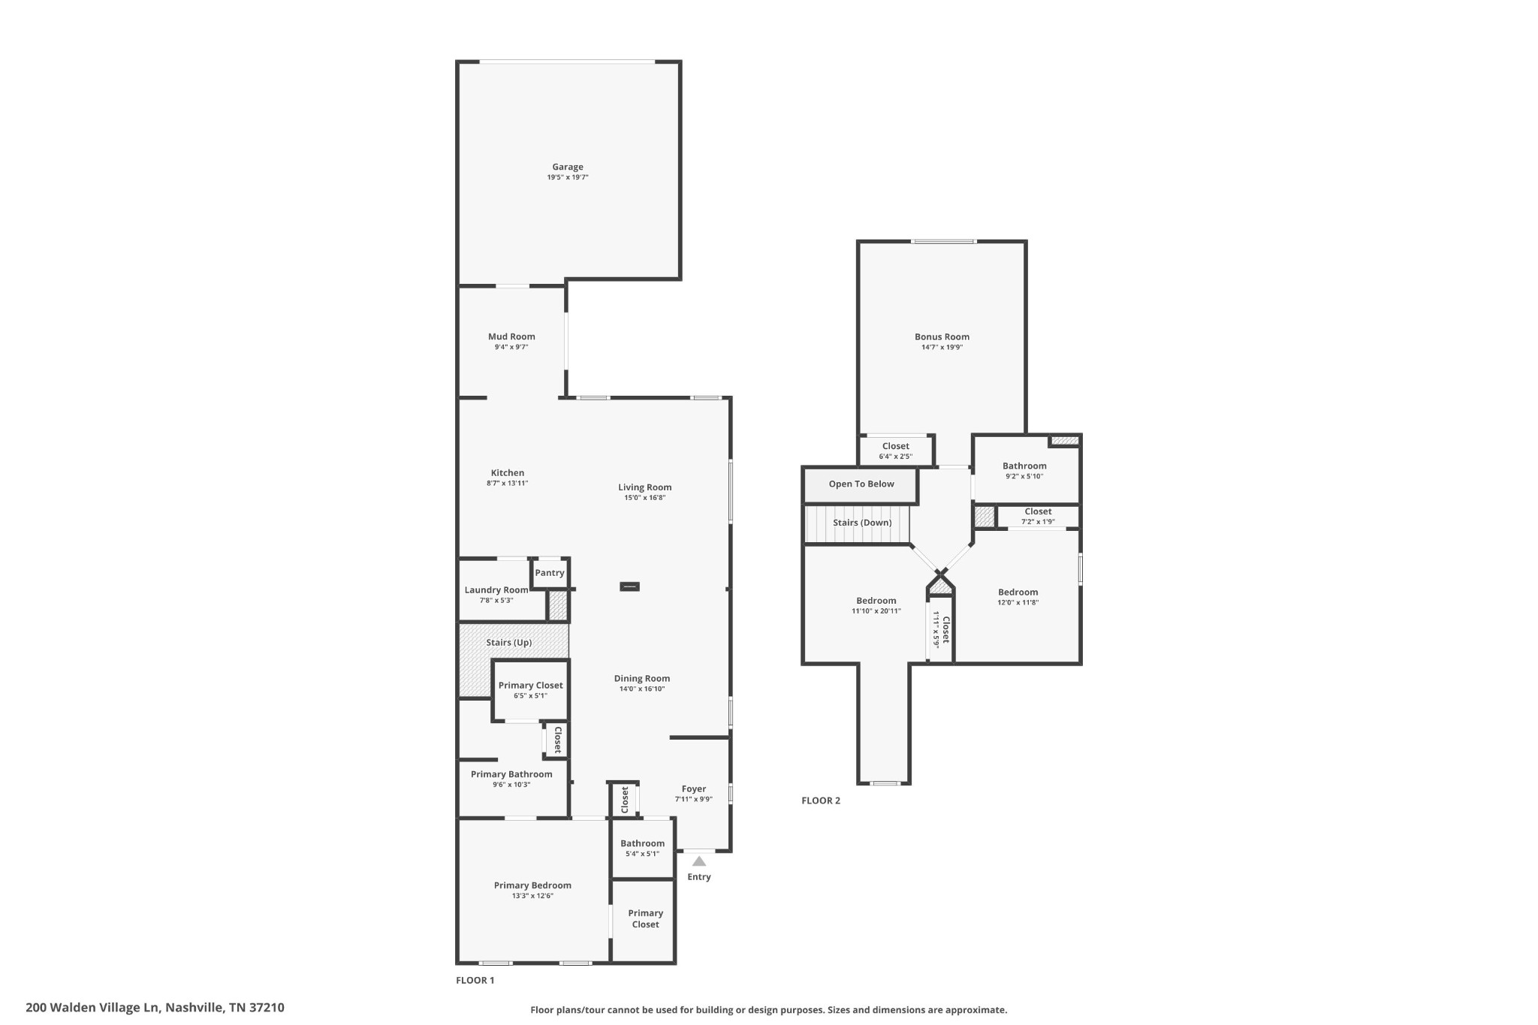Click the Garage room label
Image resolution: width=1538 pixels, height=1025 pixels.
(568, 167)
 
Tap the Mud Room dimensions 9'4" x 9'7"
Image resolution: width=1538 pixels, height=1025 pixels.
(511, 347)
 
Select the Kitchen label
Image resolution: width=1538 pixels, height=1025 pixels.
(508, 473)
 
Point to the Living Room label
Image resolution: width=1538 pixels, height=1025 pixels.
(645, 487)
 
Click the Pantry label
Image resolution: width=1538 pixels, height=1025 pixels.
(550, 573)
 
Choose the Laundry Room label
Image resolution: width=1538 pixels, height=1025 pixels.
(496, 590)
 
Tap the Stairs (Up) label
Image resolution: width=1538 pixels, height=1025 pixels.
(509, 643)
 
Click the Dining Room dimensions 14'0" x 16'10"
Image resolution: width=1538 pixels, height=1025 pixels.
(642, 689)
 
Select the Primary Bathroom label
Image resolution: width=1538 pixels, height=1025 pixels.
(511, 774)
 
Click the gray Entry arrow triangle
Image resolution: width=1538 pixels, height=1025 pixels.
(699, 861)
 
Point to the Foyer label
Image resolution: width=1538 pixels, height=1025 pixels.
(694, 789)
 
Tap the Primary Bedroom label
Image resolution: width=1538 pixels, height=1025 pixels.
(532, 885)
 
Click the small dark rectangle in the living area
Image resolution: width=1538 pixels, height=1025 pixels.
(629, 586)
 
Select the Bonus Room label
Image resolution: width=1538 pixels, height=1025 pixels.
(942, 337)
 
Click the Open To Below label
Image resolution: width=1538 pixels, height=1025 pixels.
(861, 484)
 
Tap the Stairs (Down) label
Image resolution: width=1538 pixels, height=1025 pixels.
(862, 523)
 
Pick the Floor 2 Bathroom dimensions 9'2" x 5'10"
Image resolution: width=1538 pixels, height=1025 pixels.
(1024, 476)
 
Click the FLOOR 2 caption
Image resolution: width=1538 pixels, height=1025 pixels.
(821, 800)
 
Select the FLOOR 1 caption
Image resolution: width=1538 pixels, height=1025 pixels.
(475, 980)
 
